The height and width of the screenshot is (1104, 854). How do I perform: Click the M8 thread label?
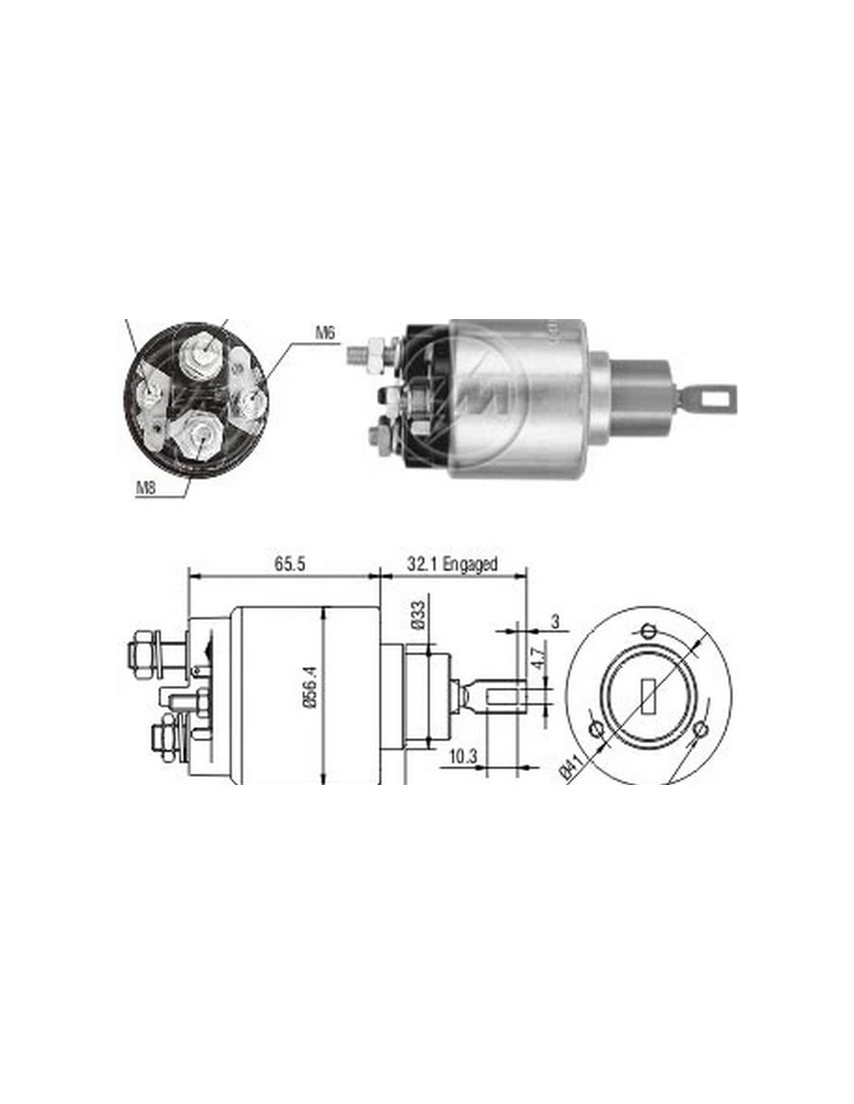(145, 488)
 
